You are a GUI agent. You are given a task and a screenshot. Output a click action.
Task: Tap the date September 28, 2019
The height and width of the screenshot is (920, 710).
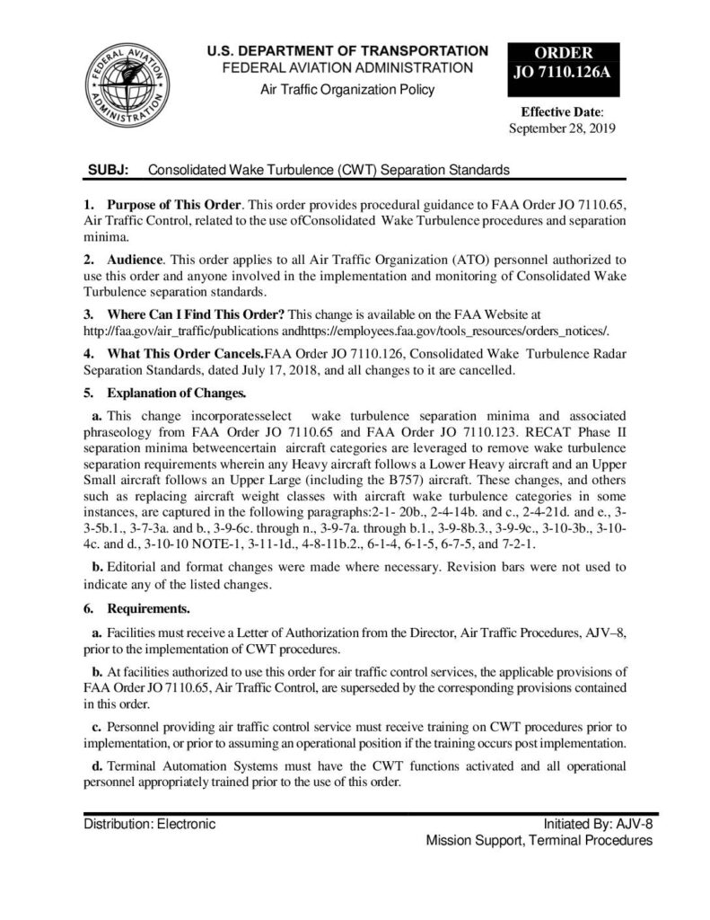[562, 128]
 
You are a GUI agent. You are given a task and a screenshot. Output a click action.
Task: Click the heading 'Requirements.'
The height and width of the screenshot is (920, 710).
[147, 608]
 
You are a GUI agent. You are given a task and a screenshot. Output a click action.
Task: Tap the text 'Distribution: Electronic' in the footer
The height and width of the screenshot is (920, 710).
[149, 822]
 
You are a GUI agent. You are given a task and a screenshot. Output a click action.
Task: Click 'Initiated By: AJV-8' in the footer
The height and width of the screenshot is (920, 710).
[598, 823]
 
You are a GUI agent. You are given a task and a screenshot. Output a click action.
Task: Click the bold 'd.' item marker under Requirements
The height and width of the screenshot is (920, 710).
[99, 765]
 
